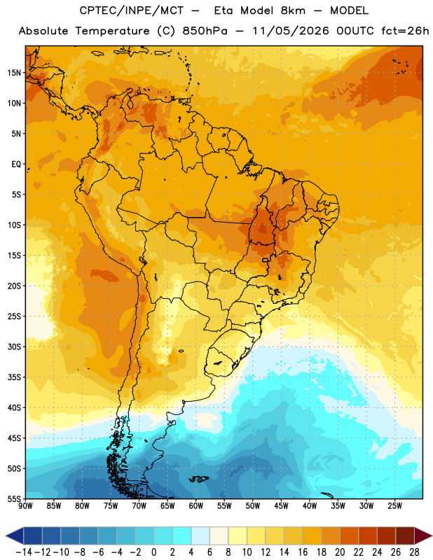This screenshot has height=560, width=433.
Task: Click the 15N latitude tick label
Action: coord(14,73)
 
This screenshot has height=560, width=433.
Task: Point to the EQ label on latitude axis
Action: coord(16,164)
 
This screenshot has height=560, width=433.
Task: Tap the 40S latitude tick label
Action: coord(14,407)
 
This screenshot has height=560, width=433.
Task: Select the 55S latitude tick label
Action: coord(14,498)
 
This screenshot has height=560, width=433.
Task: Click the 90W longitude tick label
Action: coord(25,506)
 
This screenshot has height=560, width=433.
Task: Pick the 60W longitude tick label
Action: coord(196,506)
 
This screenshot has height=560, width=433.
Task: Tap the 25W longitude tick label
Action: coord(395,506)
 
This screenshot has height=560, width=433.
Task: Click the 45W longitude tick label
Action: coord(282,506)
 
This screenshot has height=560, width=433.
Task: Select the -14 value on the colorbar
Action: coord(24,552)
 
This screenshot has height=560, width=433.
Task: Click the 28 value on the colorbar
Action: coord(414,552)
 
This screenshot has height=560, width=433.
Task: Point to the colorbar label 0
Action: coord(153,552)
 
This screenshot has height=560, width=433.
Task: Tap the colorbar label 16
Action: coord(303,552)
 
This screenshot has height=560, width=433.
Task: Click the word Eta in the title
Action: coord(224,10)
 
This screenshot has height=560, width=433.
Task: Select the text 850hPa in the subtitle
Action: coord(205,31)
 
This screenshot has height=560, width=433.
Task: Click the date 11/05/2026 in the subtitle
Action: coord(291,31)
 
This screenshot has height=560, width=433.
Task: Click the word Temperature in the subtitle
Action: coord(112,31)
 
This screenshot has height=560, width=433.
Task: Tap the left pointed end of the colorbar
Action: coord(6,536)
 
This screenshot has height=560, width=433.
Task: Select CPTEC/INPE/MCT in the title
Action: coord(132,10)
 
